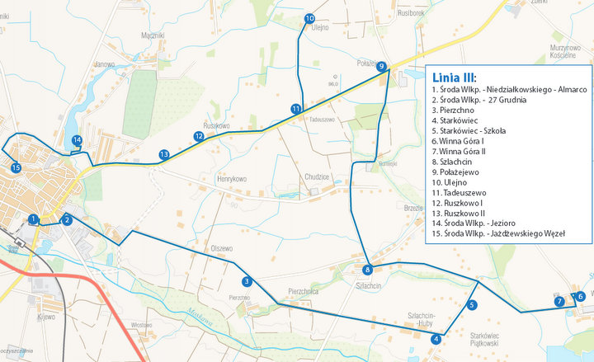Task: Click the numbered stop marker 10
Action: point(309,18)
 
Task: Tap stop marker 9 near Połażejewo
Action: point(381,67)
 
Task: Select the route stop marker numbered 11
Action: point(295,109)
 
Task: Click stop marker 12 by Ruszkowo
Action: point(199,136)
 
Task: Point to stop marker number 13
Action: point(164,154)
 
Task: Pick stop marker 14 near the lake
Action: point(77,140)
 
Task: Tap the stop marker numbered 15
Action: point(16,167)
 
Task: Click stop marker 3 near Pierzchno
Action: point(247,281)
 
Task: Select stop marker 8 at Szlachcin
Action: point(367,270)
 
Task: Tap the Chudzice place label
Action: point(317,176)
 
